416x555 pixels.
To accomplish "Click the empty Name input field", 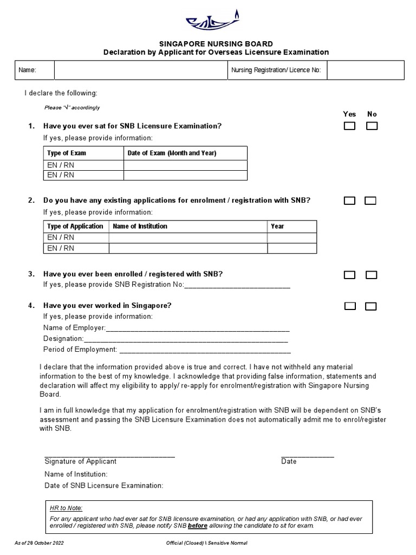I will [140, 70].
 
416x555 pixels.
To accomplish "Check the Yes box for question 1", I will [350, 126].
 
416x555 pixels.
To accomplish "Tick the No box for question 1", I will [372, 126].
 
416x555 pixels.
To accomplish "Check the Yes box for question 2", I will [350, 201].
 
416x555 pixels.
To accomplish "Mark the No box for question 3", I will [371, 275].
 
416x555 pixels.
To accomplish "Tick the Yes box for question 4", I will [350, 306].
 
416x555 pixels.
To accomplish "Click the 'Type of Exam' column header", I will [67, 153].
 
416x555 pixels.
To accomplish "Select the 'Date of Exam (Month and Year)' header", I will [172, 153].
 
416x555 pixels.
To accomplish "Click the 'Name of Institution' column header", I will [140, 227].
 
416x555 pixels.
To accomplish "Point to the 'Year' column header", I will [277, 227].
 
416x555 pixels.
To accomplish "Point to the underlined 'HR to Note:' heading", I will [66, 508].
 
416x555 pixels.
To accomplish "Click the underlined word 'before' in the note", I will [198, 526].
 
